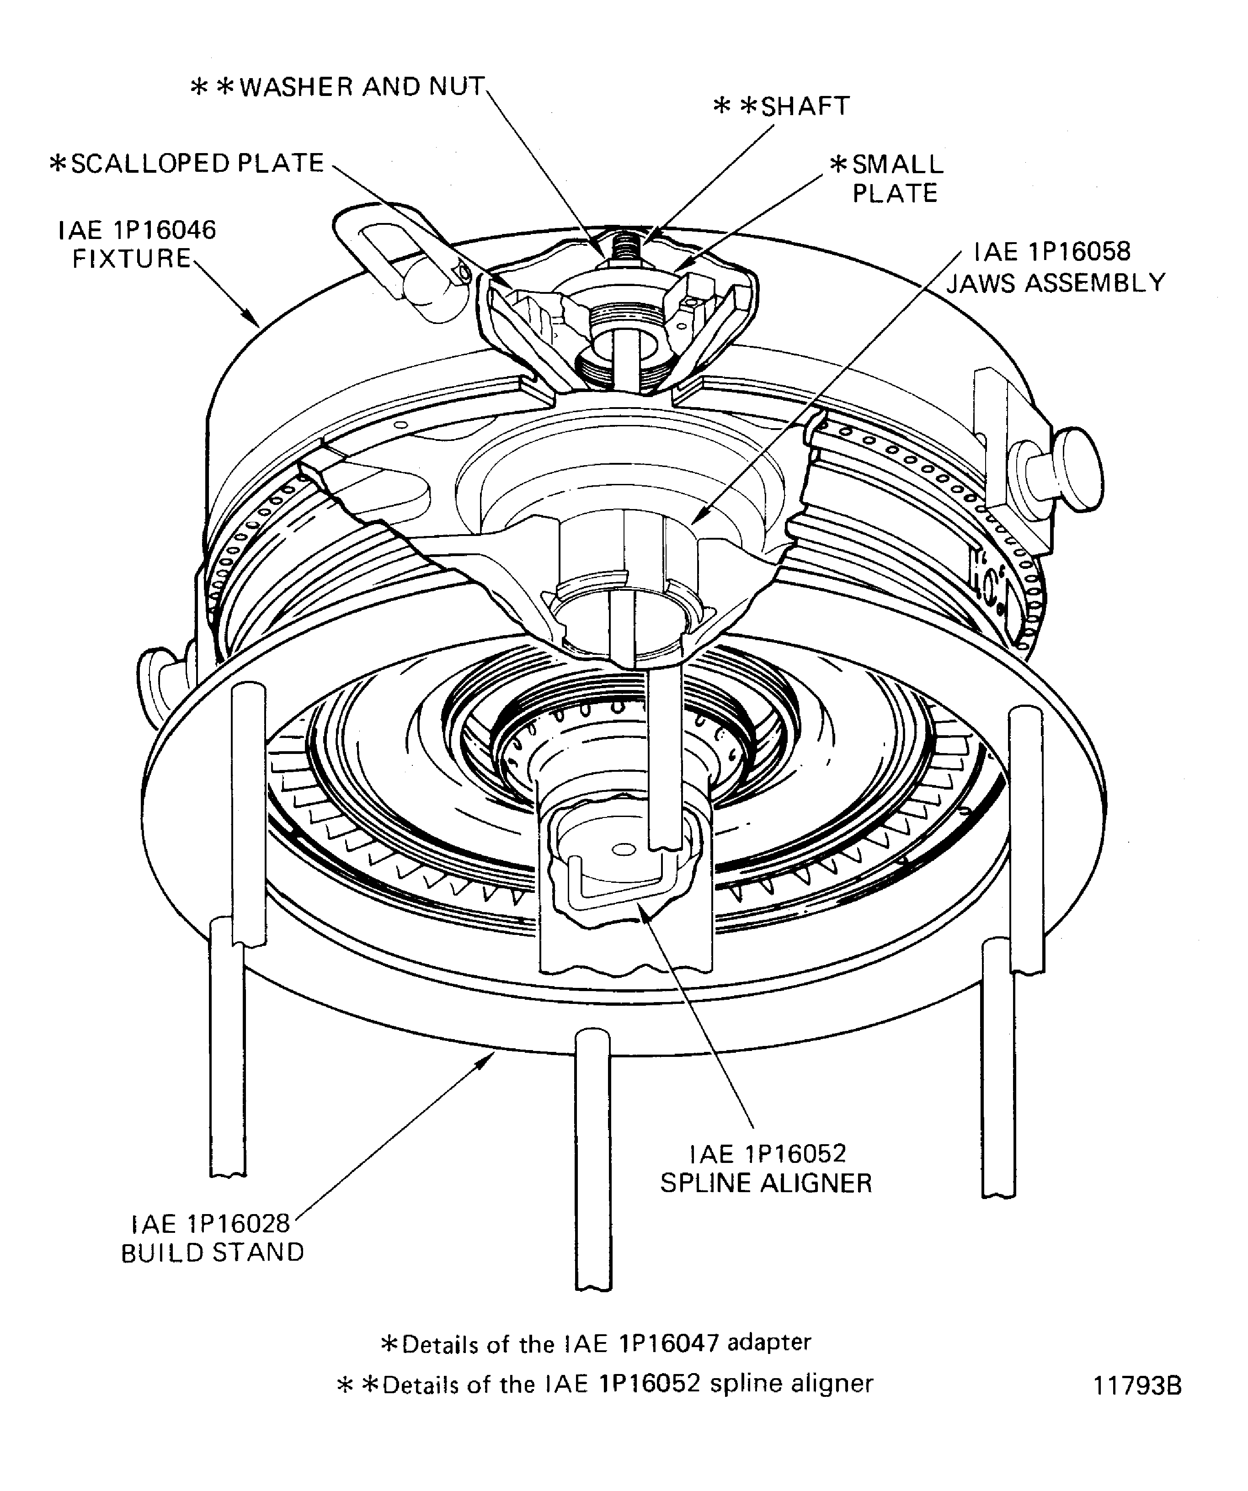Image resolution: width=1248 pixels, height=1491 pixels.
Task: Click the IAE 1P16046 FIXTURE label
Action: coord(136,244)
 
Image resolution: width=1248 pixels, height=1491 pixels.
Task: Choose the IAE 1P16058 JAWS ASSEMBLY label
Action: coord(1056,268)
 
